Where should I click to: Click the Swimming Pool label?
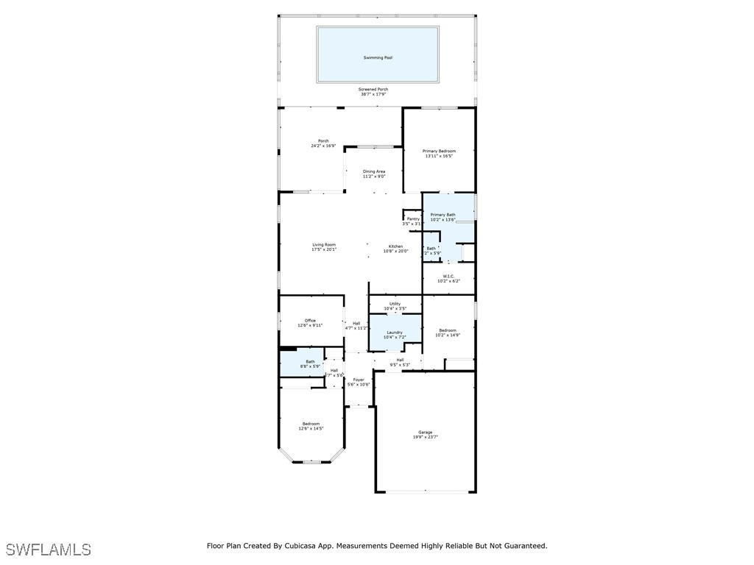378,57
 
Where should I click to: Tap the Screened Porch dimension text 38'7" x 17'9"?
374,94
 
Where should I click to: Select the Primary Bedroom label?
439,152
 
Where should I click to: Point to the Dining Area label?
374,171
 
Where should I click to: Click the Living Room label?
324,245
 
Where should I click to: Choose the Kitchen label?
395,246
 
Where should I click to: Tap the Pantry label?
413,218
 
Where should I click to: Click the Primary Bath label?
443,215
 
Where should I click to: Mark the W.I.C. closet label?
448,277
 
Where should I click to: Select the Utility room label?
395,304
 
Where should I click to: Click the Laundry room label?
395,333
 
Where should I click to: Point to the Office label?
310,321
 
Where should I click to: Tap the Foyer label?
359,380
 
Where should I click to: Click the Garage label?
426,432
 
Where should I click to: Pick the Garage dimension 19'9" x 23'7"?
426,437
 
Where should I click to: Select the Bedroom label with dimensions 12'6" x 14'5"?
311,424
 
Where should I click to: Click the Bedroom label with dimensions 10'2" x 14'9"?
448,330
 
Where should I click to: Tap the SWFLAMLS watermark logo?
49,550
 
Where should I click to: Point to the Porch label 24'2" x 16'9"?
323,141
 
